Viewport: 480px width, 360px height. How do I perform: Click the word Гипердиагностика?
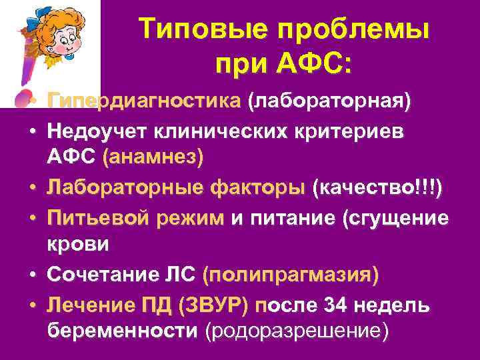(144, 101)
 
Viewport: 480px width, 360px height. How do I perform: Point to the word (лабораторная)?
(329, 101)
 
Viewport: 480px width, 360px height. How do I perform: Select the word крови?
(79, 244)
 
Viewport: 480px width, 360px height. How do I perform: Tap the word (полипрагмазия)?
(291, 275)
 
